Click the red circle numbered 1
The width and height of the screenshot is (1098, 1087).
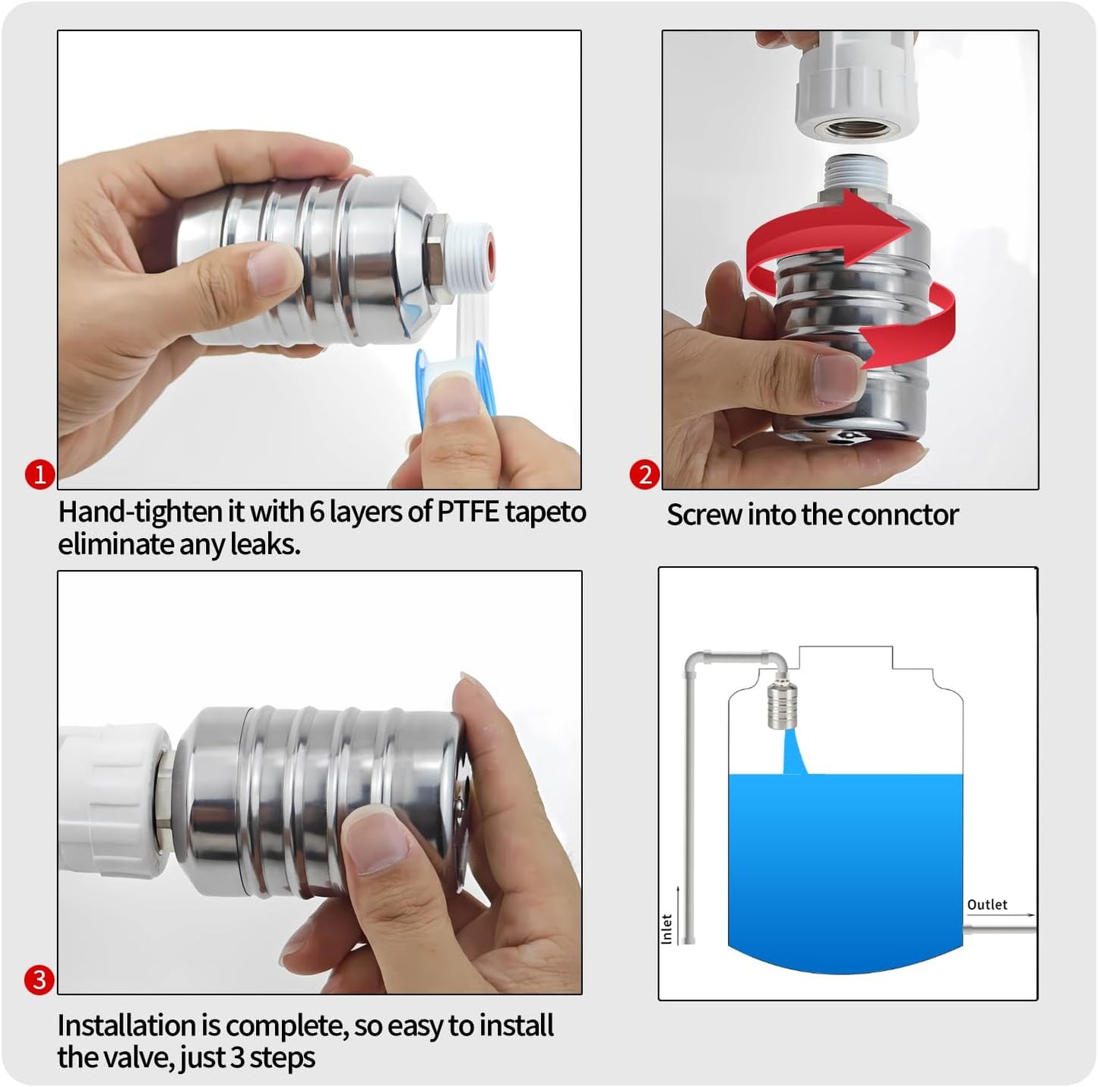click(40, 474)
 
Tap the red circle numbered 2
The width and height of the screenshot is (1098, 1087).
click(644, 474)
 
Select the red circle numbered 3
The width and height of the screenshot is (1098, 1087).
click(40, 979)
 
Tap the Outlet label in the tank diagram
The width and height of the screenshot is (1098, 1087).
click(986, 905)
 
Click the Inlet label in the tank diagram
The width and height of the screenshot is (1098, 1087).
click(666, 929)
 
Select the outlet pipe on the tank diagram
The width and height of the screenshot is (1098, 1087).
click(999, 929)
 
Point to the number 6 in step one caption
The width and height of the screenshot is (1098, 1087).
click(318, 512)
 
